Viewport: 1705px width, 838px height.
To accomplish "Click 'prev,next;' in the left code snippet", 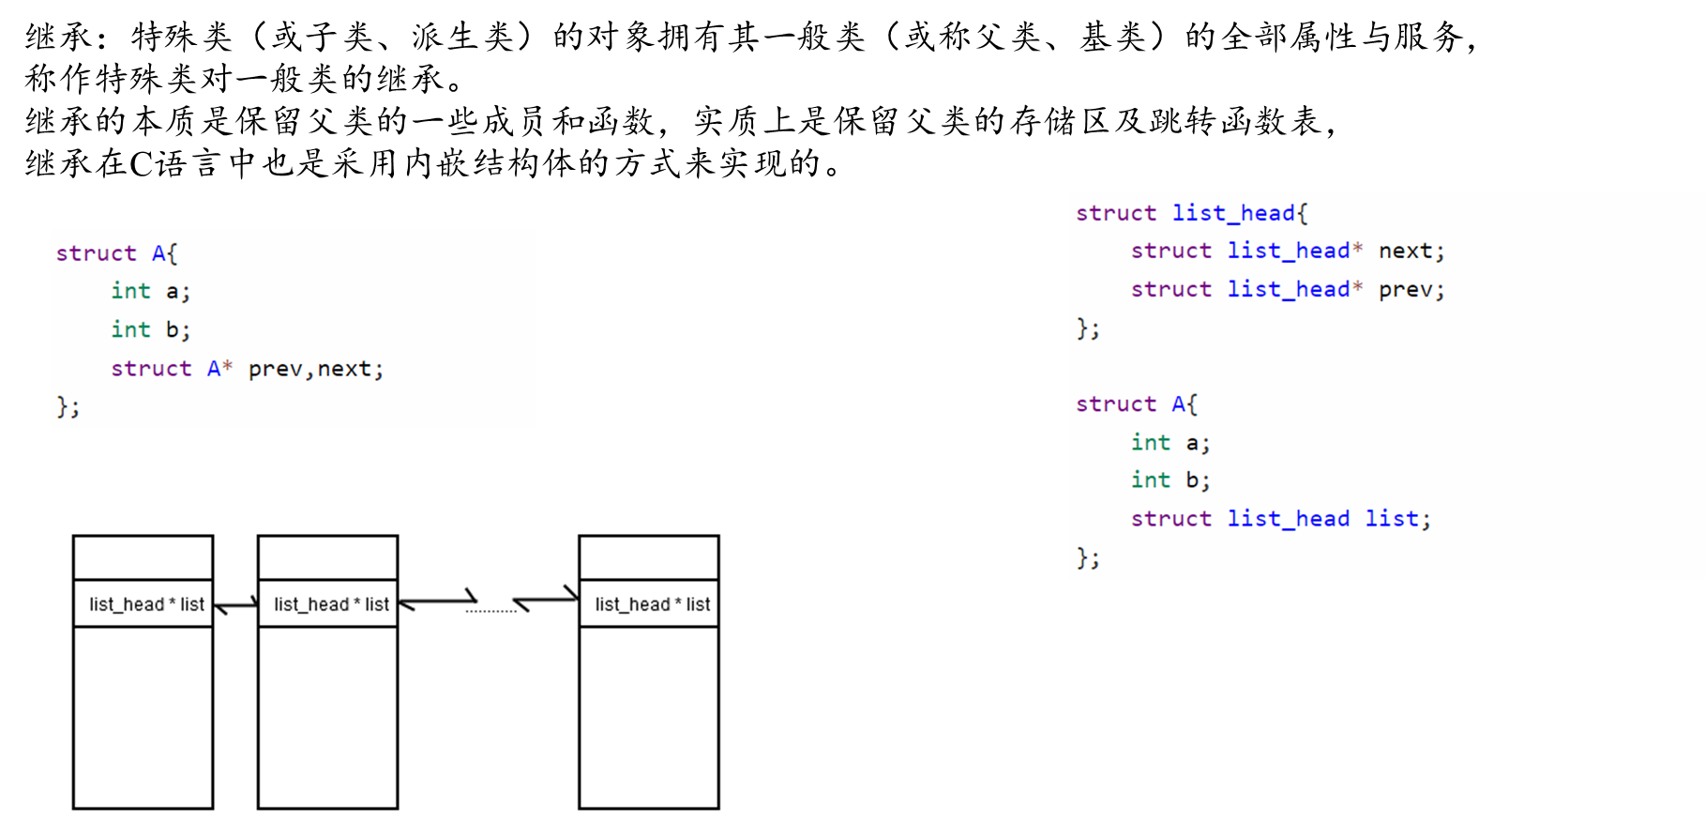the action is (x=316, y=369).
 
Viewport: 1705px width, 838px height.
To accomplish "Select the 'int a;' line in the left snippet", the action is (x=150, y=291).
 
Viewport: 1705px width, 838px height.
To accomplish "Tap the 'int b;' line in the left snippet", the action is (x=150, y=329).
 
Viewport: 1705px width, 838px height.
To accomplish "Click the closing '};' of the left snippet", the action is (x=68, y=406).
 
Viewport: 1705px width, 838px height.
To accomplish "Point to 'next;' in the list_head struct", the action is (x=1411, y=251).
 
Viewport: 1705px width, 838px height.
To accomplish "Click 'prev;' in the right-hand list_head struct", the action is (x=1411, y=289).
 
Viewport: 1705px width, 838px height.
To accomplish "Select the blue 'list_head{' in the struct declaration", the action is (x=1239, y=213).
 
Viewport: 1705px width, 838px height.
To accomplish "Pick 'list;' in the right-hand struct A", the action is (x=1397, y=518).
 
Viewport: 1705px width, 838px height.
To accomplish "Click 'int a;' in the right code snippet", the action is (x=1170, y=442).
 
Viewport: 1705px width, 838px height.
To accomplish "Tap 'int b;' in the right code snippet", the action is (x=1170, y=480).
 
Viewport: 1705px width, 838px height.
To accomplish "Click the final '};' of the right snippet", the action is (x=1088, y=557).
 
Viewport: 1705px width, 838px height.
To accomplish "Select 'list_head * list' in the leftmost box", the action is (x=146, y=604).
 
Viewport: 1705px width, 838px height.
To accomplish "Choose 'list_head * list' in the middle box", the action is (x=331, y=604).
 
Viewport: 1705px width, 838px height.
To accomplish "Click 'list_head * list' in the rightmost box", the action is (x=652, y=604).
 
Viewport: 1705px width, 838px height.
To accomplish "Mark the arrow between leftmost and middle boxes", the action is (x=235, y=605).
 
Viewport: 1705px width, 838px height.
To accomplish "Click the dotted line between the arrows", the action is (x=490, y=611).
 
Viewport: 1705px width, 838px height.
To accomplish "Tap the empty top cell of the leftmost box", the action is (x=143, y=557).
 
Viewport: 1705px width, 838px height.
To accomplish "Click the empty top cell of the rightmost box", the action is (x=649, y=557).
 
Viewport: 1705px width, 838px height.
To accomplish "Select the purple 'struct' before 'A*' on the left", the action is (x=151, y=369).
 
